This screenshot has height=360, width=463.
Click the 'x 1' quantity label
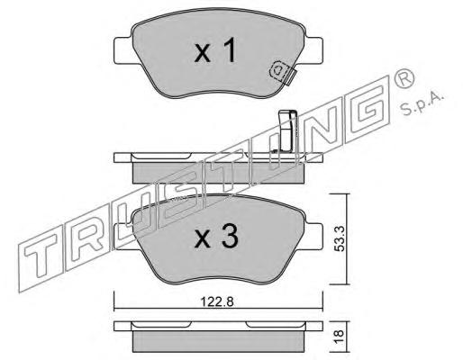pos(215,51)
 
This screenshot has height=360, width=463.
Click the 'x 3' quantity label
pos(216,237)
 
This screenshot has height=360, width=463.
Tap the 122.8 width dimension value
pos(217,301)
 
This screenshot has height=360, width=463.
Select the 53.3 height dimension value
pos(340,238)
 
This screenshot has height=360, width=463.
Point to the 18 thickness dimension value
pos(339,337)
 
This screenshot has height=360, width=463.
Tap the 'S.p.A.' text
pos(421,103)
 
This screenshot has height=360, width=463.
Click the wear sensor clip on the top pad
pos(283,73)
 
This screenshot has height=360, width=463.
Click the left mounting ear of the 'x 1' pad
pos(123,50)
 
